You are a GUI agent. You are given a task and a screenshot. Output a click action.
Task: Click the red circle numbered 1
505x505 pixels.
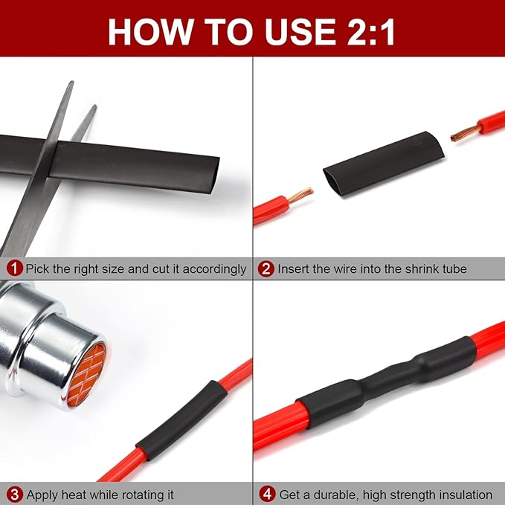(14, 268)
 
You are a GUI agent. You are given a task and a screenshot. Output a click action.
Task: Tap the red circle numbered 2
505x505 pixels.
(266, 268)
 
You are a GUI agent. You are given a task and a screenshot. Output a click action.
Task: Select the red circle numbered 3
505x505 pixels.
(14, 495)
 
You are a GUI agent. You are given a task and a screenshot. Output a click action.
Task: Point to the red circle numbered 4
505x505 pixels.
(267, 495)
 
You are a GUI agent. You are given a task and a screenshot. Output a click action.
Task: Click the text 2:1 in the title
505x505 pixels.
(370, 31)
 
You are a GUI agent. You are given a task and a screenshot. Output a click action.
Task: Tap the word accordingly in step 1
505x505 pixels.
(214, 269)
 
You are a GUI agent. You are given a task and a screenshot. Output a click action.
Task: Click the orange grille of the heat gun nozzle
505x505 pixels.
(87, 374)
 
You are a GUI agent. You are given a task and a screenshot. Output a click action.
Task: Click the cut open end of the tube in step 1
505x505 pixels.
(214, 176)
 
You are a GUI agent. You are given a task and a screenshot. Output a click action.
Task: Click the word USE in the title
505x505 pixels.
(300, 31)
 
